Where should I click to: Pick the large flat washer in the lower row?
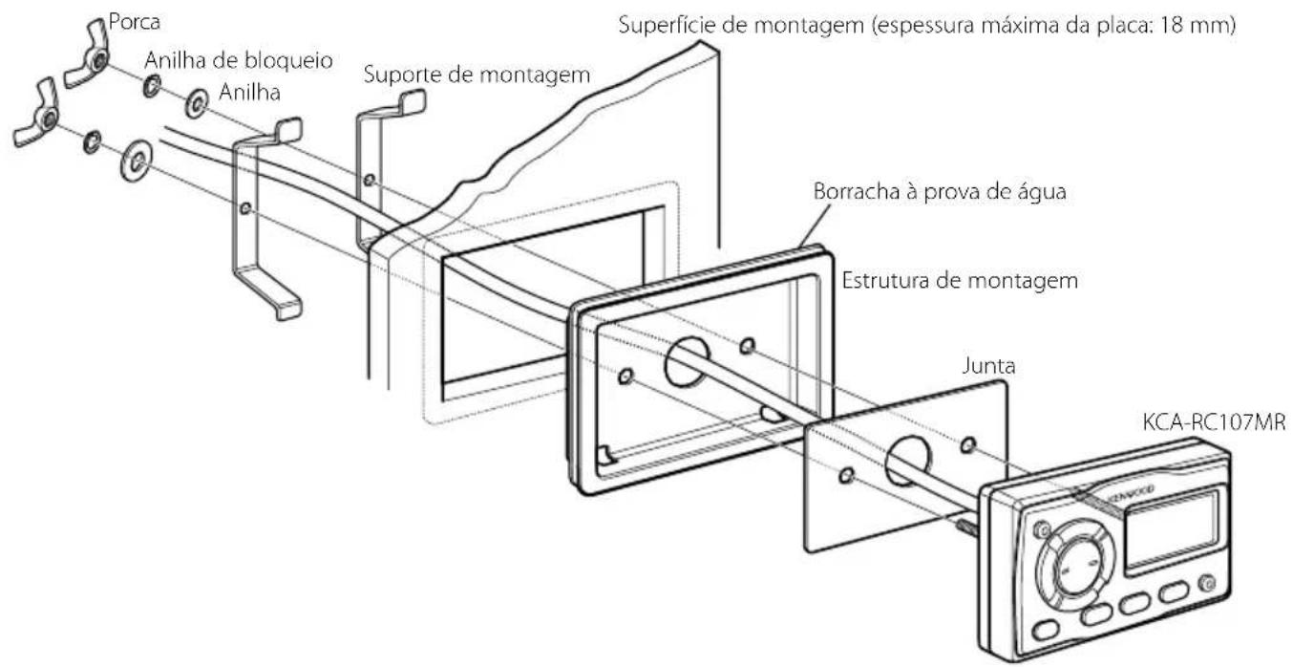[x=137, y=161]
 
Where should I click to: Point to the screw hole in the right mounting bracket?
[x=369, y=179]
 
